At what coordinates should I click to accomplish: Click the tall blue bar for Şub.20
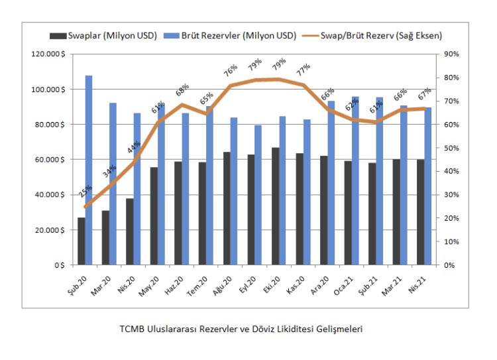coord(89,170)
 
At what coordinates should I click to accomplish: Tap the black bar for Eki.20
coord(275,206)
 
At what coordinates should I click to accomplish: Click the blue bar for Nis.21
coord(427,186)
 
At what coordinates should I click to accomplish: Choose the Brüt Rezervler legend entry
coord(239,35)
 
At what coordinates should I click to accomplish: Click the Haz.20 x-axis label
coord(180,284)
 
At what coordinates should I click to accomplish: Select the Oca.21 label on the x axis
coord(349,284)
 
